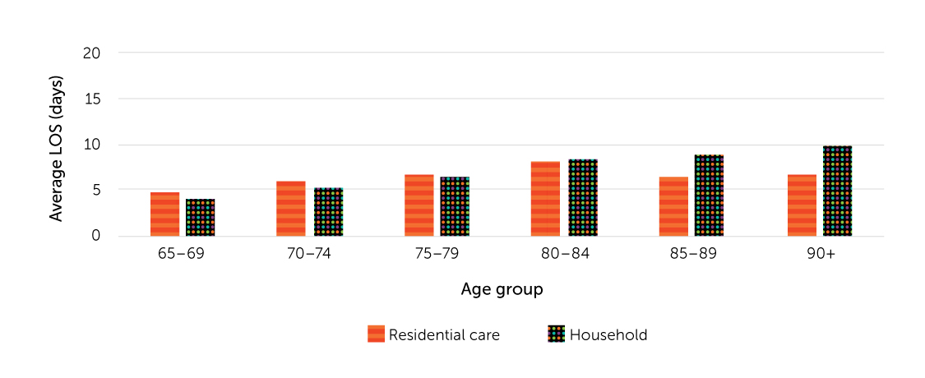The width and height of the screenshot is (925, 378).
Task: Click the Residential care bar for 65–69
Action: tap(164, 214)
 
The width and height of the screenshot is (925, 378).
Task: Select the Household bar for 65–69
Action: tap(200, 218)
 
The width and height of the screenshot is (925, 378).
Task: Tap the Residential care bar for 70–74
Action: tap(291, 209)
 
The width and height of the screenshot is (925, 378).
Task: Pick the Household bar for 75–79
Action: tap(455, 206)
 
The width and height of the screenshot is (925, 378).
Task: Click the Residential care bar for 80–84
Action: tap(545, 199)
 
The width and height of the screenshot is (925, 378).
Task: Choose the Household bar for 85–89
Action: tap(709, 196)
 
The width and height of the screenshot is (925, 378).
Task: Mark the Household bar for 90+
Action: tap(837, 191)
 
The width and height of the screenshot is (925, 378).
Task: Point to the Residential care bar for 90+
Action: tap(802, 205)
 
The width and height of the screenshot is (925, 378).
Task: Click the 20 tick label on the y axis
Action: tap(91, 53)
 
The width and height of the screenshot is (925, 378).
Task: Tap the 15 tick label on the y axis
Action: tap(91, 99)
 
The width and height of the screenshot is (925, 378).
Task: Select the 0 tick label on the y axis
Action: tap(95, 236)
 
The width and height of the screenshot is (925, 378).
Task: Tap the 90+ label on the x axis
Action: tap(820, 254)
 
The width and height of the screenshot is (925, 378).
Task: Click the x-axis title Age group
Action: tap(502, 289)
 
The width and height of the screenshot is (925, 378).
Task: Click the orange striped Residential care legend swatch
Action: tap(376, 334)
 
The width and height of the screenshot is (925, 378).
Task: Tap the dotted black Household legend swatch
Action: tap(556, 334)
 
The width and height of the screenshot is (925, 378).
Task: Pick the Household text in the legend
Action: tap(608, 334)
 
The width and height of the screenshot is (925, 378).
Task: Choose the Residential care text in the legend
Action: tap(444, 334)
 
